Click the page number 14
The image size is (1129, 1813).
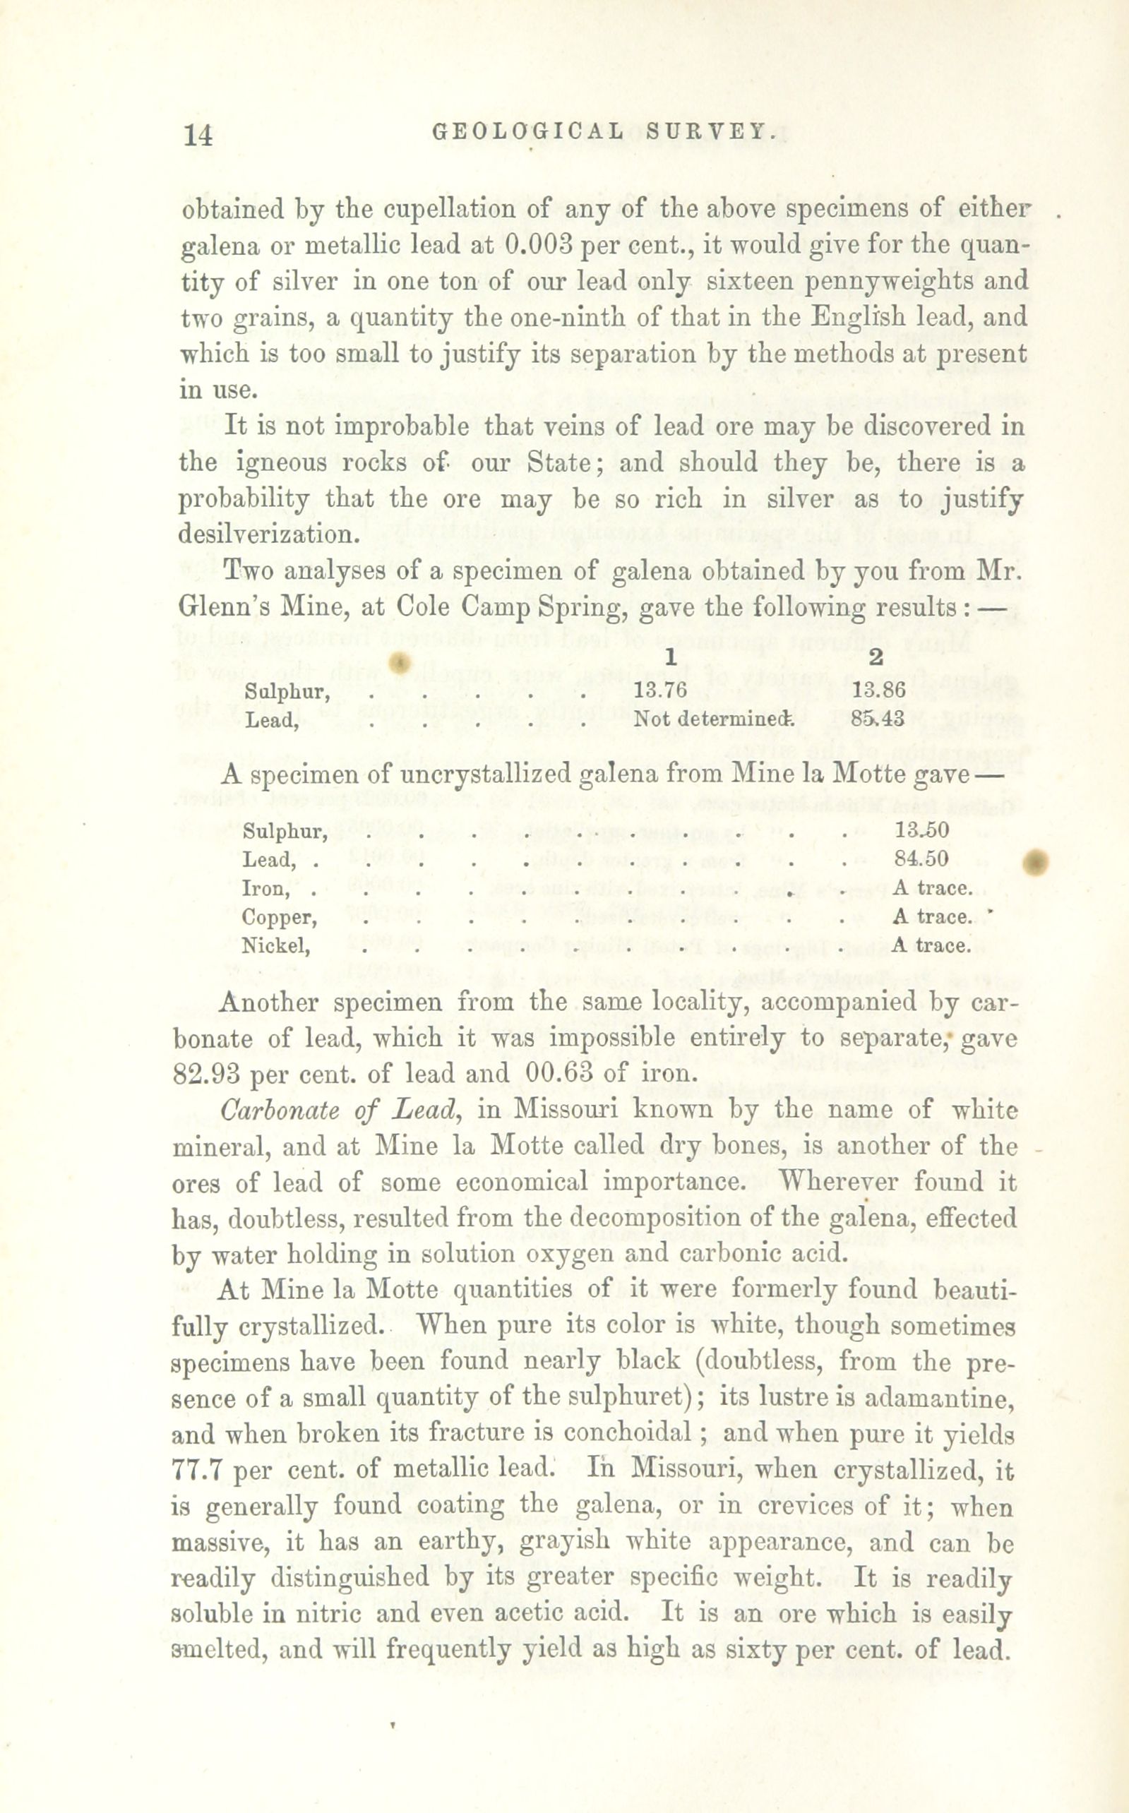198,135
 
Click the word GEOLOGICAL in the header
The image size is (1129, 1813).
528,131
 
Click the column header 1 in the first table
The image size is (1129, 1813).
671,657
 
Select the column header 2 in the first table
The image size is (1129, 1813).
877,657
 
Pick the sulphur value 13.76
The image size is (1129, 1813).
660,690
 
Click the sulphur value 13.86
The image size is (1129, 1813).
879,690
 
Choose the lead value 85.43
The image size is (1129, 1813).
878,719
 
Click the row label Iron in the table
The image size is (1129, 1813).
265,888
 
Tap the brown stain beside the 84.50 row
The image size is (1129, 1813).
1037,862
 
